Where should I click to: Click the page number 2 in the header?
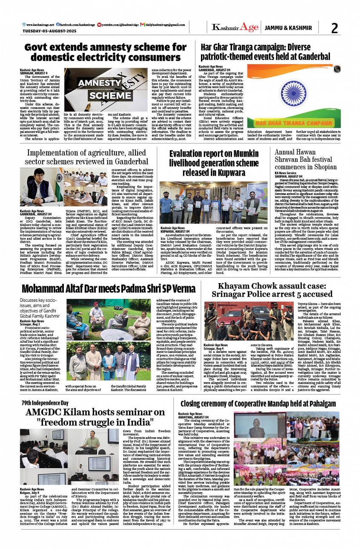(x=335, y=28)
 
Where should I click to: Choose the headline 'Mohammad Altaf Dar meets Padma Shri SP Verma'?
(x=109, y=289)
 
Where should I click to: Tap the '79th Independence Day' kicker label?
(x=45, y=403)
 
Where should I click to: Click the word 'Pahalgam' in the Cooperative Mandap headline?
(x=321, y=403)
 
